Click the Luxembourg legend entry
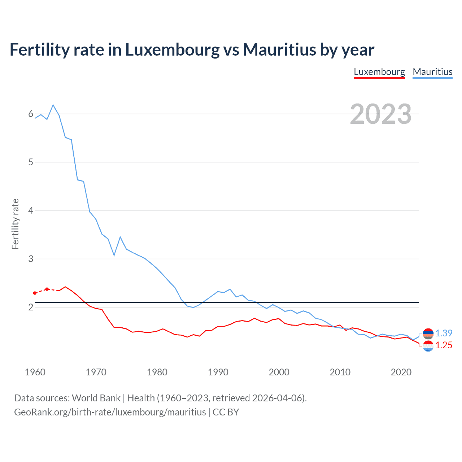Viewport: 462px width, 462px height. click(379, 72)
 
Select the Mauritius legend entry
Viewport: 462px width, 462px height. click(432, 72)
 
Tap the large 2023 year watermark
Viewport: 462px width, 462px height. click(381, 114)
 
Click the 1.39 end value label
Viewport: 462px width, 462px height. click(444, 333)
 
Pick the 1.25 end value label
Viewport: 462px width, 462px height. click(444, 345)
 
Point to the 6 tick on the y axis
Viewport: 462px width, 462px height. click(31, 114)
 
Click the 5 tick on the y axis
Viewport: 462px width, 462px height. click(31, 162)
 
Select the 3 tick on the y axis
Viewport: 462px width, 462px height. click(31, 259)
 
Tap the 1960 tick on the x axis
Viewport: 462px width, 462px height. click(35, 372)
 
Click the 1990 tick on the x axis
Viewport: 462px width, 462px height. click(218, 372)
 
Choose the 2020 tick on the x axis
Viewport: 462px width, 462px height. click(401, 372)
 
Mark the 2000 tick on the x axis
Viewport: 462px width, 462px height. click(279, 372)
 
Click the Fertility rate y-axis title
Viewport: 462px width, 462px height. click(15, 224)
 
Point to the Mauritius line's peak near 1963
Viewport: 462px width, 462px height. click(53, 105)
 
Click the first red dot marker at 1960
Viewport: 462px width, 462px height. click(35, 293)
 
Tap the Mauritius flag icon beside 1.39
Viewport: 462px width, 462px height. click(428, 334)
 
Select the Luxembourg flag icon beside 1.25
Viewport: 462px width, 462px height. click(428, 346)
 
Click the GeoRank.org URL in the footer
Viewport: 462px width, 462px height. click(110, 412)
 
